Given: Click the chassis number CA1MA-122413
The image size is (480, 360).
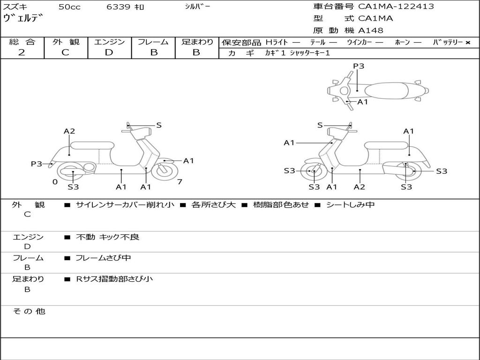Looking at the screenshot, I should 396,7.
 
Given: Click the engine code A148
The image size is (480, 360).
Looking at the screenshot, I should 371,30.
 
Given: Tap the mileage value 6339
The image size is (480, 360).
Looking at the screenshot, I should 120,7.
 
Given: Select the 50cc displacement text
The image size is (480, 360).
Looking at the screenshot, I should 69,7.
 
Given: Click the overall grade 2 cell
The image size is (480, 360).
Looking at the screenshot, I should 22,52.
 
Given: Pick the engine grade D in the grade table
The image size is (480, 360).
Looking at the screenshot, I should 109,52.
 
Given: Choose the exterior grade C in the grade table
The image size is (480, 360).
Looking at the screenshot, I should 66,52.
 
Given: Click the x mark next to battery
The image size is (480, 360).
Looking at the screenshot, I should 468,43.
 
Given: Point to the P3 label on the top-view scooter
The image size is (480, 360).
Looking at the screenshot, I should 359,66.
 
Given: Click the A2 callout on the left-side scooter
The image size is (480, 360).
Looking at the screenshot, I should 69,131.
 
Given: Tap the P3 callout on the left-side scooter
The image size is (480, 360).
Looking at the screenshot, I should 37,164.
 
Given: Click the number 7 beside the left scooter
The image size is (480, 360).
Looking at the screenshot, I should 180,181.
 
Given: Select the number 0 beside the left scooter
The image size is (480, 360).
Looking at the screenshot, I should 55,181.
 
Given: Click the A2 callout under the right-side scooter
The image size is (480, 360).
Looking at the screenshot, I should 360,187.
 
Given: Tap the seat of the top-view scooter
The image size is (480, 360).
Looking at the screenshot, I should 385,90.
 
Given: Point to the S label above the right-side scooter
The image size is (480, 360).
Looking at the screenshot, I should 320,125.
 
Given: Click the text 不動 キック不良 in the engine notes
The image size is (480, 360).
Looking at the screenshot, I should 108,237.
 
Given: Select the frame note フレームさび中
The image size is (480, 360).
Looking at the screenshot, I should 103,258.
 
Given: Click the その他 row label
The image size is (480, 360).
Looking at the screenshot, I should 29,311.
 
